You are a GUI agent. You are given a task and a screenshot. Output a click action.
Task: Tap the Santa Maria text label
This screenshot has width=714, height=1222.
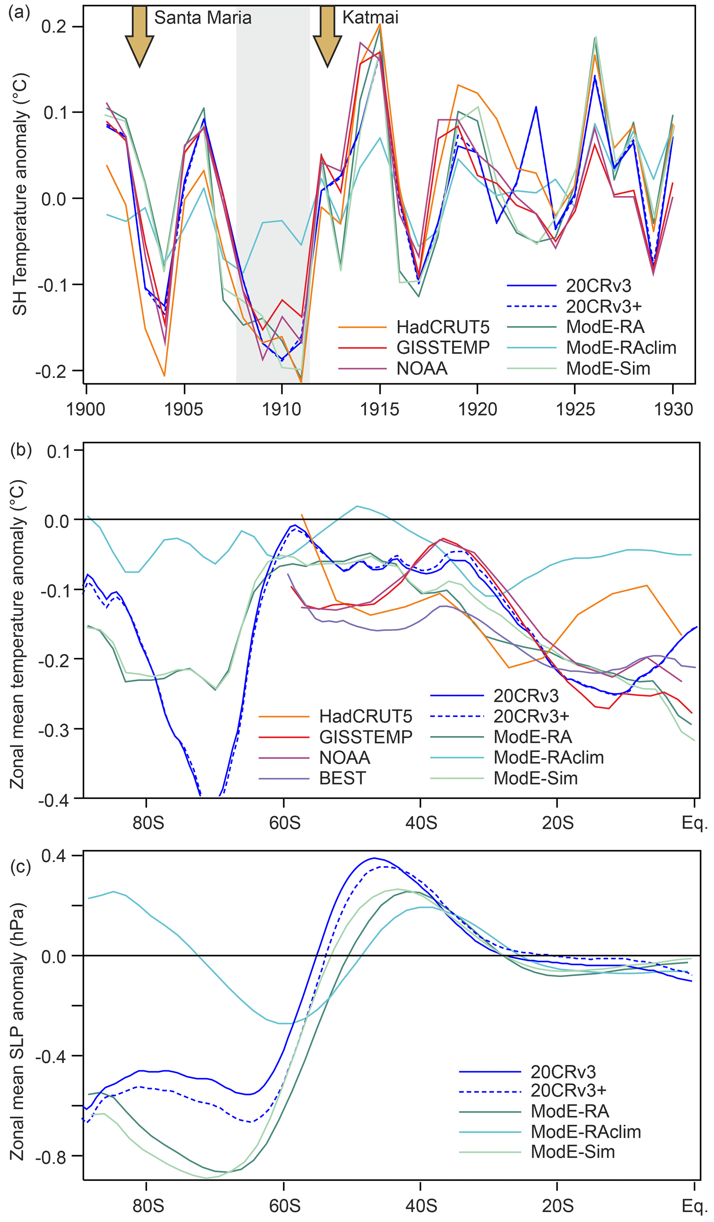(203, 18)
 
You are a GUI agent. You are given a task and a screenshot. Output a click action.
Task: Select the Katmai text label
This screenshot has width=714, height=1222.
(370, 18)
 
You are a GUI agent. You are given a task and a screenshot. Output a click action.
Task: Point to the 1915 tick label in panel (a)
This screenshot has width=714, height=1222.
(380, 409)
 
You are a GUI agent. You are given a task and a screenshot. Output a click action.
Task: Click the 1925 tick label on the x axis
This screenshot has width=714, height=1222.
(575, 409)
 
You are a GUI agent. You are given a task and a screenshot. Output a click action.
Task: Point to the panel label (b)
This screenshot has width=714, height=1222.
(21, 450)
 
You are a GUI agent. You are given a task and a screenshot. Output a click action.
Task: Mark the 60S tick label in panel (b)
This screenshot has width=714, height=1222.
(285, 823)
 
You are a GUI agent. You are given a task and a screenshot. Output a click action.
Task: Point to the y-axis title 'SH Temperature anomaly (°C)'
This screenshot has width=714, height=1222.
(20, 194)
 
